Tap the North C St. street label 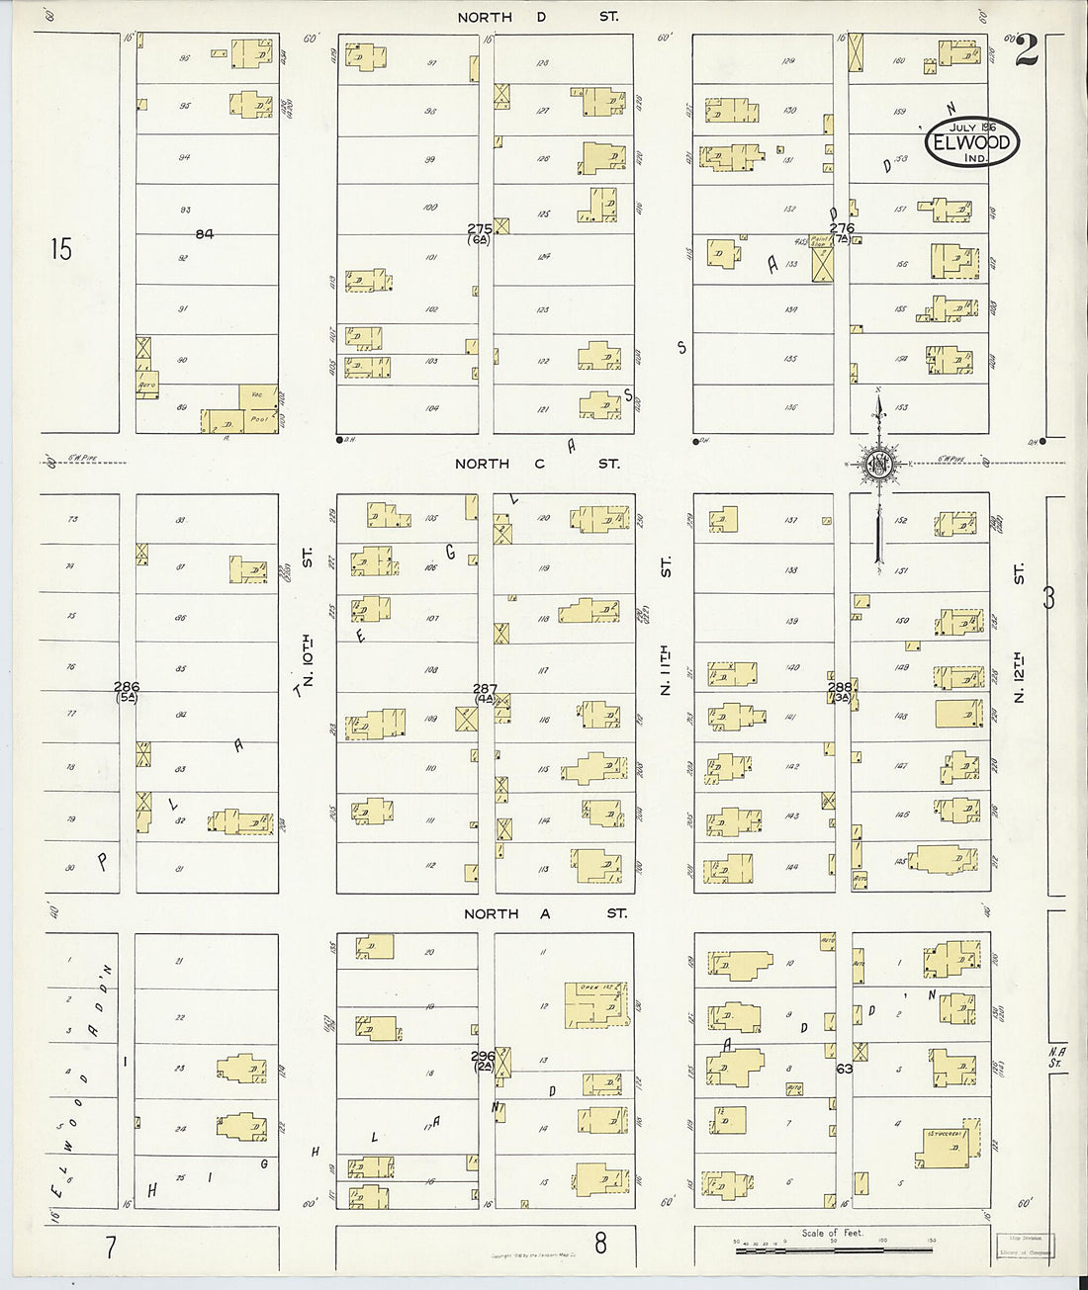(x=538, y=463)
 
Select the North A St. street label (x=544, y=913)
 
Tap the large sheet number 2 (x=1026, y=49)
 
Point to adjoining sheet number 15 (x=61, y=249)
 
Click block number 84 (x=204, y=234)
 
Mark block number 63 (x=844, y=1068)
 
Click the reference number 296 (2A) (x=483, y=1061)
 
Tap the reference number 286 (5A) (x=127, y=692)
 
